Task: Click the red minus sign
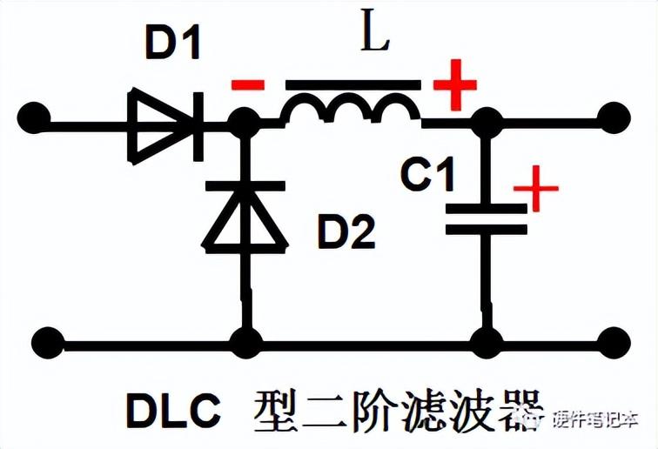[247, 85]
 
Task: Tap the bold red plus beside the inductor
[455, 85]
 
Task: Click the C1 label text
[427, 176]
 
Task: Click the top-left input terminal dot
[34, 114]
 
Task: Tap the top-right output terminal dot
[614, 115]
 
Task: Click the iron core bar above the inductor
[353, 86]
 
